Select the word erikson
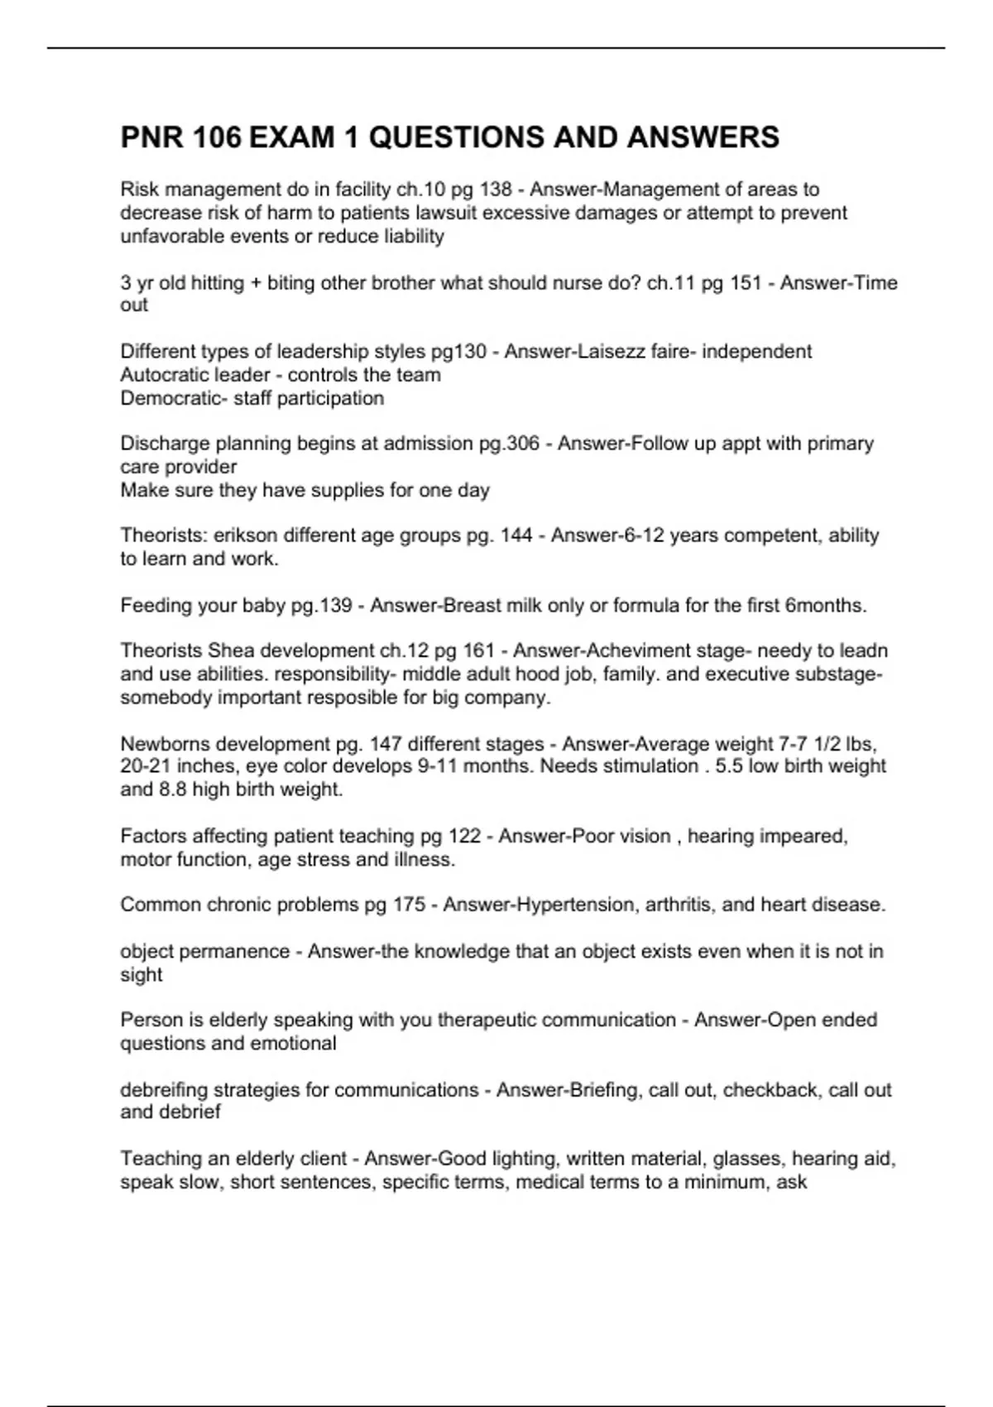pos(246,535)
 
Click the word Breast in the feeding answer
pos(473,606)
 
